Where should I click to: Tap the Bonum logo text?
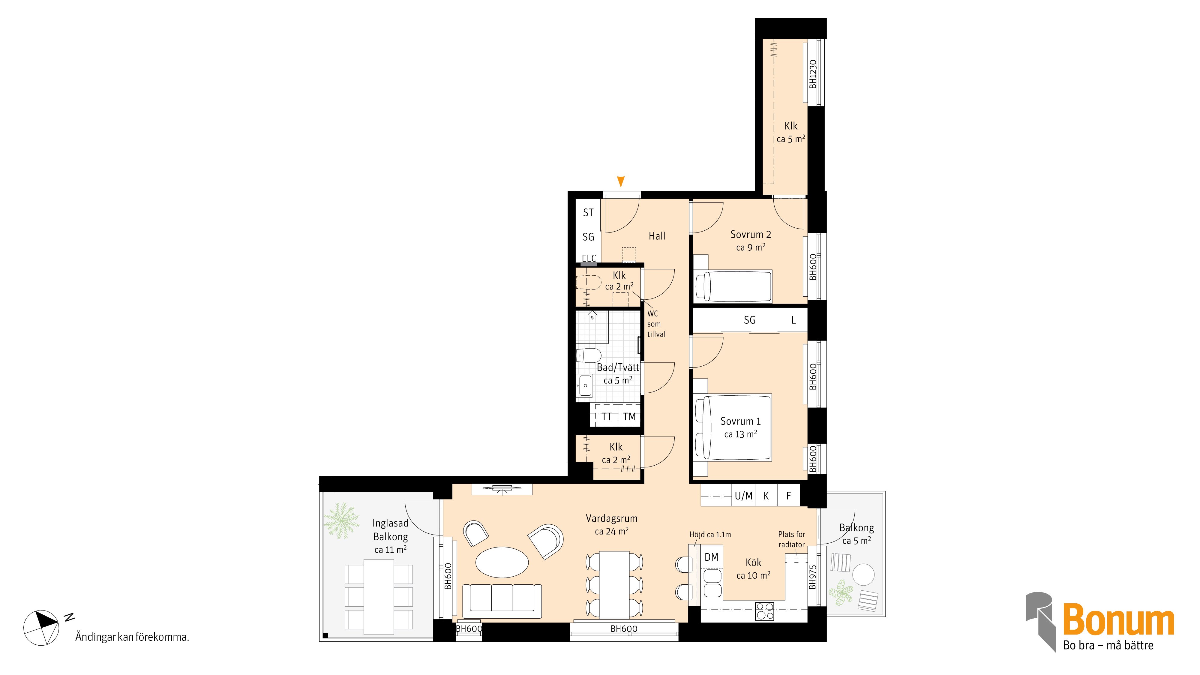point(1118,619)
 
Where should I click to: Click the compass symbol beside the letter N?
point(41,628)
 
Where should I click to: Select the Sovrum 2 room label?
point(751,235)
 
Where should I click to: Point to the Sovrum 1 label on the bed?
point(740,421)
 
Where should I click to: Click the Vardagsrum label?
point(611,518)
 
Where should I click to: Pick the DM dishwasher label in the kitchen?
point(711,557)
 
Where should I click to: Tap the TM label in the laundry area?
point(629,417)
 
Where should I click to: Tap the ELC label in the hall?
point(589,258)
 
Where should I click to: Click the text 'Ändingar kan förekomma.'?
point(132,637)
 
